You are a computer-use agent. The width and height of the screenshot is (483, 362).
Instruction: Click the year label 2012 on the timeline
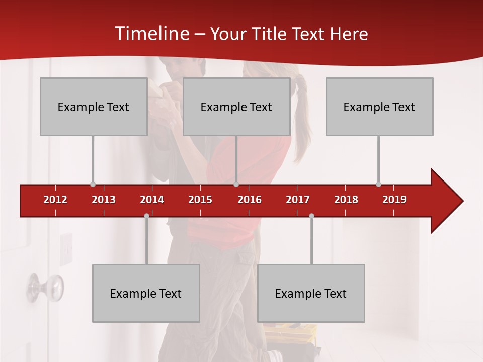[55, 200]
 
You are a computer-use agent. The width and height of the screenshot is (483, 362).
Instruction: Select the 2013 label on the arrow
[104, 200]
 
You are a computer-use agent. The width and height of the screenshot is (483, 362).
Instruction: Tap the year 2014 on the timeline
[152, 200]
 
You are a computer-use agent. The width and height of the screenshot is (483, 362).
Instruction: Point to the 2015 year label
[200, 200]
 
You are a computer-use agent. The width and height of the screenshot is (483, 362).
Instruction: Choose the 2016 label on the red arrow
[250, 200]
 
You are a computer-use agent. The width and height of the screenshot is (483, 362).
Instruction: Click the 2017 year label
[298, 200]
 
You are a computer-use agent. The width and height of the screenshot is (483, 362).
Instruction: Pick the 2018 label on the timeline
[346, 200]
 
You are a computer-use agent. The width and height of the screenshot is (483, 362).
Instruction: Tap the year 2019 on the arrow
[394, 200]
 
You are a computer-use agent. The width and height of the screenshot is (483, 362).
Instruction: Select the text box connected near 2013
[94, 107]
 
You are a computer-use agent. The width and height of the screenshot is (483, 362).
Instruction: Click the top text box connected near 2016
[236, 107]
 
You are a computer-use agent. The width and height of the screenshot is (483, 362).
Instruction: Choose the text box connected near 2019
[379, 107]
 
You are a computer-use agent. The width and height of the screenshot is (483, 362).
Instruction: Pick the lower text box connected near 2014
[146, 293]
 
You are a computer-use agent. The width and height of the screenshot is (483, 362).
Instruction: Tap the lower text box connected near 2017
[311, 293]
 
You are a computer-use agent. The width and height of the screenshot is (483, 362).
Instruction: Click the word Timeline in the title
[151, 34]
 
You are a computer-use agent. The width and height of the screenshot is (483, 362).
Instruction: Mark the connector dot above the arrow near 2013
[93, 184]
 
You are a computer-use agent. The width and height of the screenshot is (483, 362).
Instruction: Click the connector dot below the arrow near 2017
[311, 216]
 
